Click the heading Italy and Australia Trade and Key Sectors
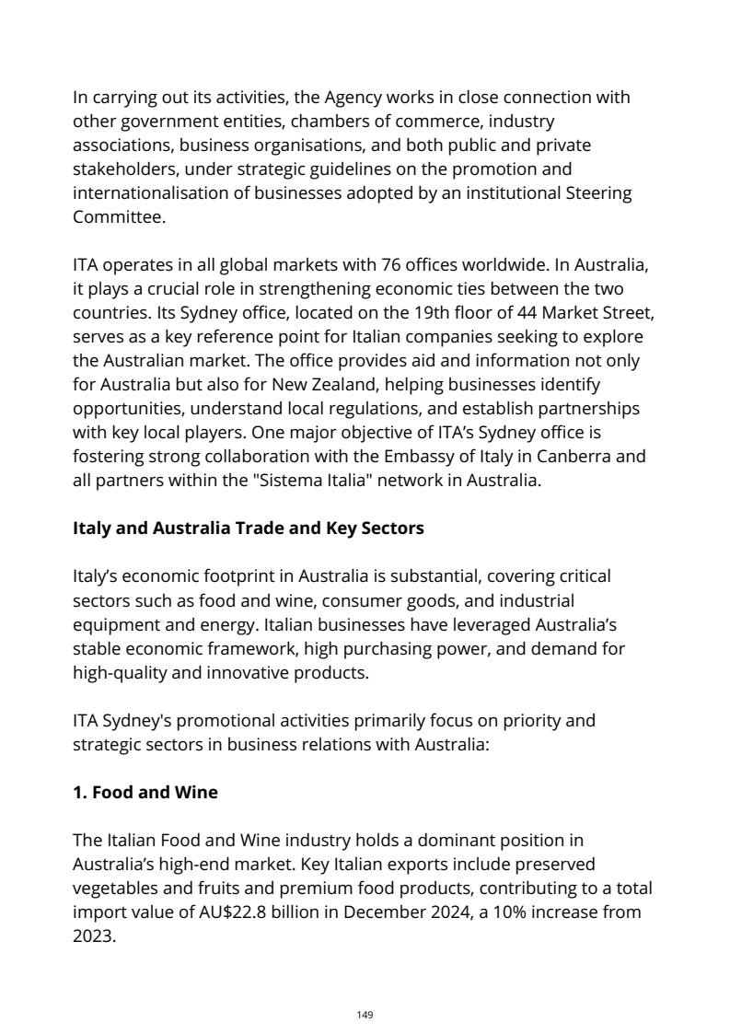point(249,529)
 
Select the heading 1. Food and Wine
point(145,792)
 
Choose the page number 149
point(365,1015)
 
